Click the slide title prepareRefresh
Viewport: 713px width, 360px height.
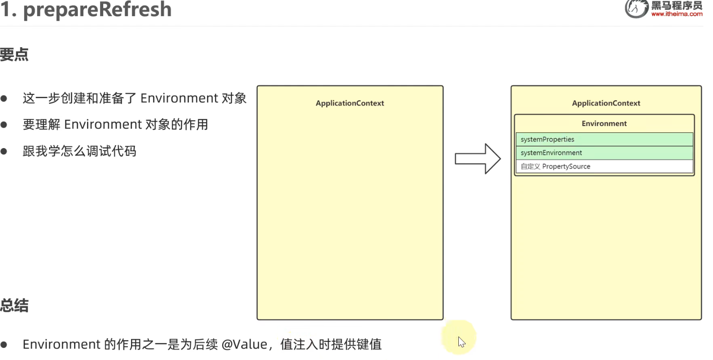(x=86, y=9)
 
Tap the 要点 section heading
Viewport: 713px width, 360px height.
(x=14, y=55)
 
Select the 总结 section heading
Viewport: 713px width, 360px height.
(x=14, y=306)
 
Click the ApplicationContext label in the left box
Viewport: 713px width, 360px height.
(x=350, y=103)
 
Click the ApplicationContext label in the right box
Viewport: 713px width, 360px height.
(x=606, y=103)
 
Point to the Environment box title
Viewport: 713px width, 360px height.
(x=604, y=124)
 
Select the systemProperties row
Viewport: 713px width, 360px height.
(x=604, y=139)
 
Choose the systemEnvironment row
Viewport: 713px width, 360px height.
(x=604, y=153)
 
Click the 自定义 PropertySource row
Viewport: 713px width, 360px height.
(x=604, y=167)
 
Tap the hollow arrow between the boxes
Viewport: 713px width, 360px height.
(x=477, y=159)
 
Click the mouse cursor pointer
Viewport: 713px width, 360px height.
(x=461, y=341)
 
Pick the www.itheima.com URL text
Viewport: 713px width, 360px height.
(x=676, y=14)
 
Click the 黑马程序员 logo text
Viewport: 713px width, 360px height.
(x=676, y=6)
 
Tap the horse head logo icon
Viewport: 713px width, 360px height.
(x=636, y=8)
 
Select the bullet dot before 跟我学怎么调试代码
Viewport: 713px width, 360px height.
(x=4, y=151)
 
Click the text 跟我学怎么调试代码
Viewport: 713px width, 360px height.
(x=79, y=151)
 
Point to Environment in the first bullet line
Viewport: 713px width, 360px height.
(x=179, y=98)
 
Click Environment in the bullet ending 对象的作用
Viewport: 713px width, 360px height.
(x=102, y=124)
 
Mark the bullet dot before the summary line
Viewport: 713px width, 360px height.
(x=4, y=345)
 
